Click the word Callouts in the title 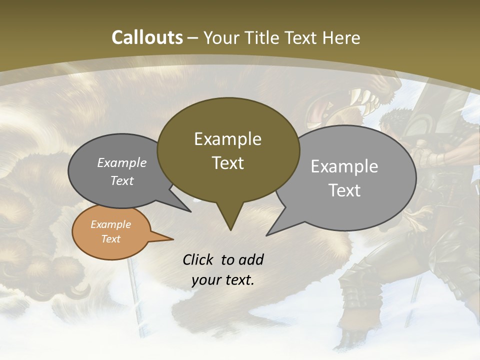tap(147, 37)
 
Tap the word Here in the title tap(341, 37)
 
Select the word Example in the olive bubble tap(227, 139)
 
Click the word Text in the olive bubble tap(227, 163)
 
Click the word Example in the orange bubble tap(110, 224)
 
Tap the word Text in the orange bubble tap(110, 239)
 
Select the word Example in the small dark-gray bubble tap(121, 163)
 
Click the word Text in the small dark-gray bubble tap(121, 180)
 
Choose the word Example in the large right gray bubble tap(344, 166)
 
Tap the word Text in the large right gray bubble tap(345, 190)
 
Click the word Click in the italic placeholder tap(199, 259)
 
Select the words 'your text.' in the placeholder tap(222, 280)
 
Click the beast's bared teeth tap(367, 98)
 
